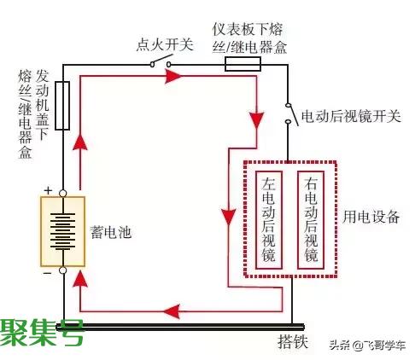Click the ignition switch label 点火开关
[165, 45]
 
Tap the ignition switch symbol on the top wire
[161, 61]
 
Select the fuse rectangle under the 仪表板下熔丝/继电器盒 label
[243, 64]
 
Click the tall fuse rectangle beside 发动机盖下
[62, 106]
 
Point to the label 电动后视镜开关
[351, 116]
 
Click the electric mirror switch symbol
[291, 114]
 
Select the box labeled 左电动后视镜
[269, 220]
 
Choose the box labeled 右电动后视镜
[311, 220]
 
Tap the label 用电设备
[371, 218]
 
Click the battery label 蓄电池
[111, 232]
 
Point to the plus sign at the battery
[48, 190]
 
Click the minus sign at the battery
[47, 274]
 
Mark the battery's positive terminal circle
[63, 194]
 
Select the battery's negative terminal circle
[63, 270]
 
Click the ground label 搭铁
[293, 341]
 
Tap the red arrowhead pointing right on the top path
[173, 76]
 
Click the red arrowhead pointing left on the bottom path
[172, 311]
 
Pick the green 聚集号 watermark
[42, 332]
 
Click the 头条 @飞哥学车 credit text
[367, 345]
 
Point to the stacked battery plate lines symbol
[63, 231]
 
